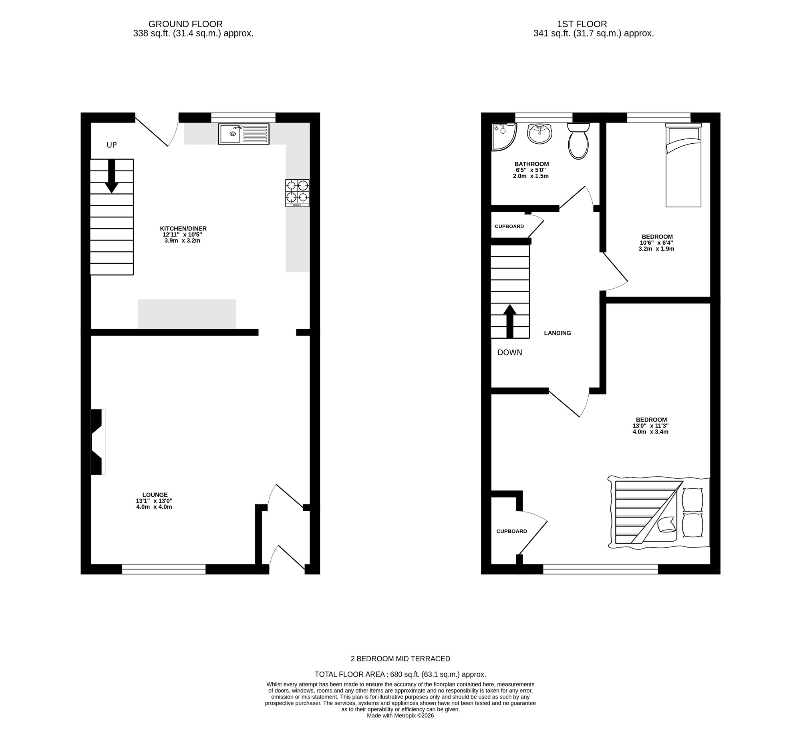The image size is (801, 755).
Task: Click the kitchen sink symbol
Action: [x=244, y=134]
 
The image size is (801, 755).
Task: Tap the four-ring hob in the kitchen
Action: [x=297, y=193]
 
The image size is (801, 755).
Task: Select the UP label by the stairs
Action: [x=112, y=145]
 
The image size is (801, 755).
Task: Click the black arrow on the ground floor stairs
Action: [x=112, y=177]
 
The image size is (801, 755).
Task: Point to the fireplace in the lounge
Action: [x=97, y=442]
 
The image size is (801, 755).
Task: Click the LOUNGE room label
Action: [x=155, y=495]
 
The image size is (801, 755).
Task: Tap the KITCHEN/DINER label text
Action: [x=183, y=229]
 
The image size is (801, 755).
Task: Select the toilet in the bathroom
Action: [x=578, y=141]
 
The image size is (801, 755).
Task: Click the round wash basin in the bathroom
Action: [x=539, y=134]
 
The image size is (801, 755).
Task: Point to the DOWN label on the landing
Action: [x=509, y=353]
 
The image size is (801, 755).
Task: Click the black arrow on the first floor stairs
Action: [x=510, y=321]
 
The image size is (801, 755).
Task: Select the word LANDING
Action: [x=557, y=333]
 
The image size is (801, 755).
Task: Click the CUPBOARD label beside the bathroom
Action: [x=509, y=226]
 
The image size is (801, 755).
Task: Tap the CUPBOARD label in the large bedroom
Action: [x=511, y=531]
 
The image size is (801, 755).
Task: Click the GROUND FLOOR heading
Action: [x=185, y=24]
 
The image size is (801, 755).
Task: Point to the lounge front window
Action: [x=163, y=568]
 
